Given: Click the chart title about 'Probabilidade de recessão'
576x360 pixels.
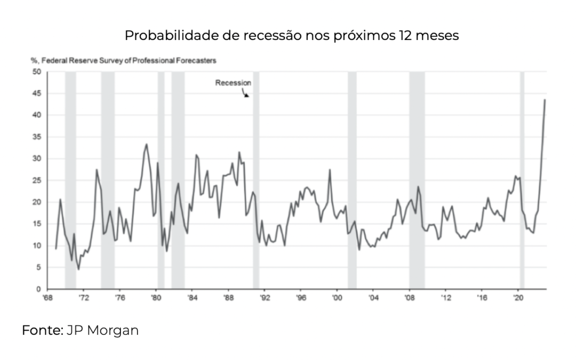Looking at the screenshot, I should [292, 36].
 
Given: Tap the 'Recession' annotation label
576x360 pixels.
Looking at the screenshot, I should [233, 83].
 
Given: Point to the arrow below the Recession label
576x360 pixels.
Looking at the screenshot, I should [246, 94].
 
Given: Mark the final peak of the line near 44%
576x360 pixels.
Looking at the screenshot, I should [545, 100].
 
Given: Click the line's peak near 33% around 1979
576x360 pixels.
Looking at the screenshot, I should [147, 144].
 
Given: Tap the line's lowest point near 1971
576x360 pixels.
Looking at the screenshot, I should [78, 269].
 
